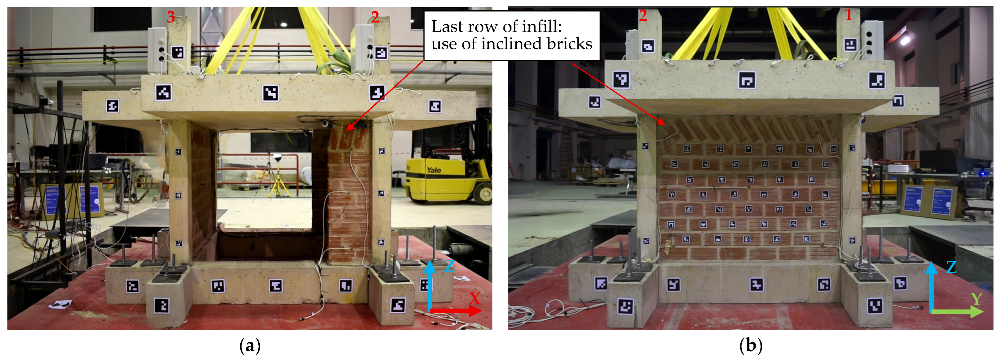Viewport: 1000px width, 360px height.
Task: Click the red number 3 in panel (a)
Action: pyautogui.click(x=171, y=17)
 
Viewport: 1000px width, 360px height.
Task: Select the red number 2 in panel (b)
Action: pyautogui.click(x=643, y=16)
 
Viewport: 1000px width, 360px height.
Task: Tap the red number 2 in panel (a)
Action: pyautogui.click(x=375, y=17)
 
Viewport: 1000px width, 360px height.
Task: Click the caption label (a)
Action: pyautogui.click(x=250, y=345)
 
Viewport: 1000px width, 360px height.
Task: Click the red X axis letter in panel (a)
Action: pyautogui.click(x=474, y=298)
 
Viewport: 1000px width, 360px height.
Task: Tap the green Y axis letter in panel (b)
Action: pyautogui.click(x=976, y=300)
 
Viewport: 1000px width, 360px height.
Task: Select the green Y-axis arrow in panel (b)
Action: pyautogui.click(x=957, y=311)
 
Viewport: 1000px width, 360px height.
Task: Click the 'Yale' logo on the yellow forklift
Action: pyautogui.click(x=434, y=170)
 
